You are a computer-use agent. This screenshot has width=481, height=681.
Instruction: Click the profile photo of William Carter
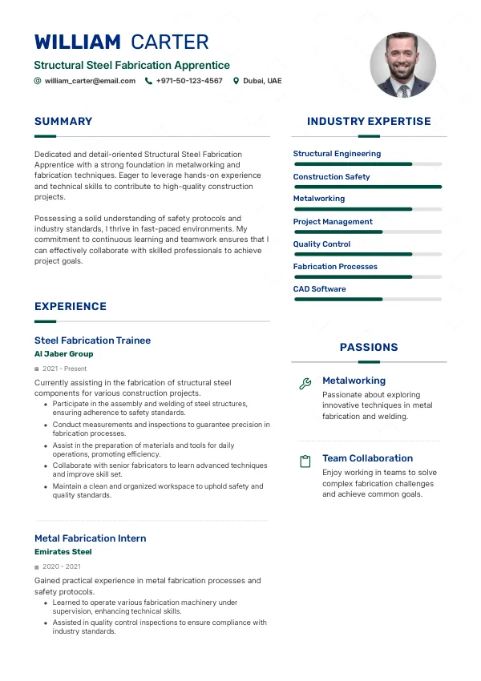(402, 66)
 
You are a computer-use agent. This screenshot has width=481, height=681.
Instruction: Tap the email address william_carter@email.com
(90, 81)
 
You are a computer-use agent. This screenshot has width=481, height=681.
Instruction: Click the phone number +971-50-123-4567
(189, 81)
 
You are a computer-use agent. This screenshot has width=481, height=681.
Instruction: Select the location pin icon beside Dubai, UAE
(236, 81)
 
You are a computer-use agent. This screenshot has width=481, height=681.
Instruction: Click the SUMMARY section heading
(63, 122)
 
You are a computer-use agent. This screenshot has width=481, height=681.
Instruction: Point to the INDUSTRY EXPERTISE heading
(369, 122)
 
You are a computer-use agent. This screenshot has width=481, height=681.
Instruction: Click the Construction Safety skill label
(331, 176)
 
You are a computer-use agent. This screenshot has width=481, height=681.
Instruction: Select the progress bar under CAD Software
(368, 299)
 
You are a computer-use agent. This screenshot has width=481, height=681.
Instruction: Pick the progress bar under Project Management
(368, 232)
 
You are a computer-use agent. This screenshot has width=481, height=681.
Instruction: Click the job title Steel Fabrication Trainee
(92, 340)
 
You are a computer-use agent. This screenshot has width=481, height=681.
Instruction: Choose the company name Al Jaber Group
(63, 354)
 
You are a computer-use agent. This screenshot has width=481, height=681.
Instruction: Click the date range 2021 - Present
(64, 369)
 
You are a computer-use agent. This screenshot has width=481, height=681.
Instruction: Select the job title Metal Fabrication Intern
(90, 538)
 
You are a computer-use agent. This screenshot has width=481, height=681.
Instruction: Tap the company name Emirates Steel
(63, 552)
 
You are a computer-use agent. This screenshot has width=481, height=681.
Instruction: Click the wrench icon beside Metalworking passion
(305, 384)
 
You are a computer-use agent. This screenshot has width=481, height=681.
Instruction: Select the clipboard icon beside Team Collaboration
(305, 461)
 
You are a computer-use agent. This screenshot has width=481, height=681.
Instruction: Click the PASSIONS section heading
(369, 348)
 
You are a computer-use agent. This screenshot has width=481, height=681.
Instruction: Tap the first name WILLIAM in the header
(78, 42)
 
